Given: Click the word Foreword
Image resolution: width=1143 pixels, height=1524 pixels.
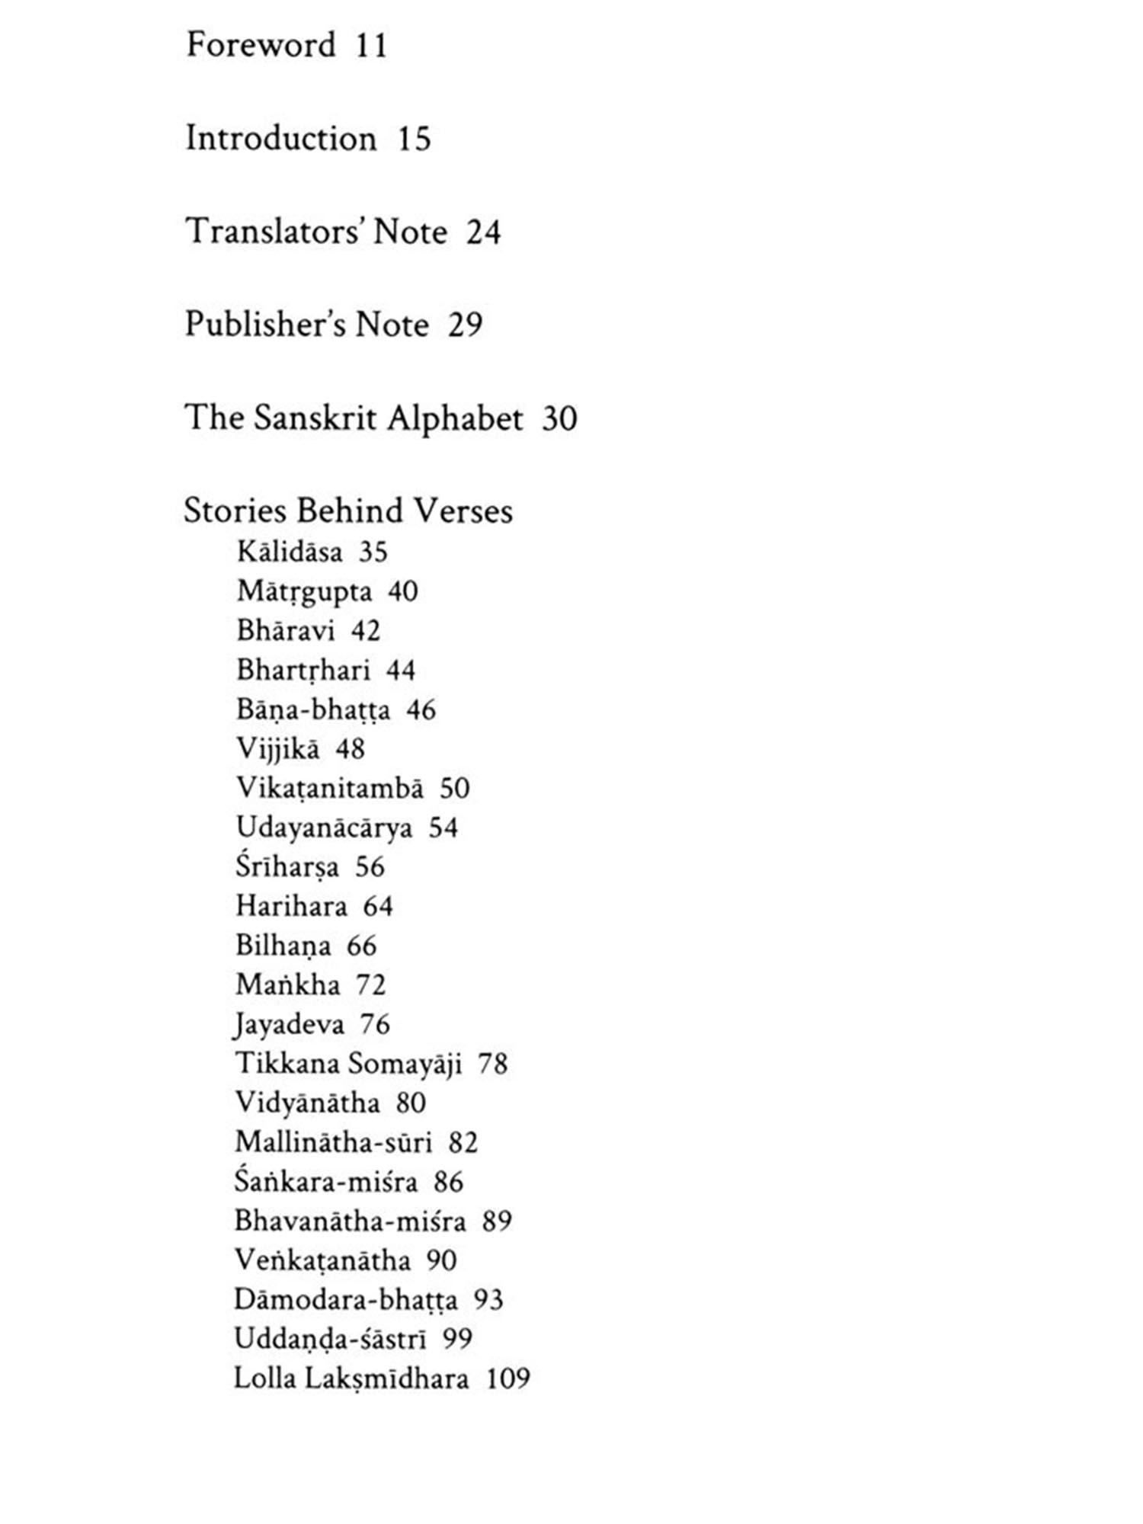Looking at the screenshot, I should click(261, 45).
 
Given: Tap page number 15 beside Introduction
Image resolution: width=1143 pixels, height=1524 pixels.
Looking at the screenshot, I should click(414, 139).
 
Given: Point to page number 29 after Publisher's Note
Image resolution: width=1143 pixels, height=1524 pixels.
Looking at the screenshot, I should click(465, 325).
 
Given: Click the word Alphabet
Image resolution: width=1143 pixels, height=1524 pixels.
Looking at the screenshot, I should click(455, 418).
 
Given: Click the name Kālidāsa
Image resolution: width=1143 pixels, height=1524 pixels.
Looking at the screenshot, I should click(290, 552).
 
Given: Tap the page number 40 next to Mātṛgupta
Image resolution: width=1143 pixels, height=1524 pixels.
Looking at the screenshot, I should click(402, 591).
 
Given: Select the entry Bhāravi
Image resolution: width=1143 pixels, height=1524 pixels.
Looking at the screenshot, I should click(285, 631).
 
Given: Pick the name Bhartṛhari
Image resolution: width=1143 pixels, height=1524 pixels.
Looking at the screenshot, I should click(303, 671).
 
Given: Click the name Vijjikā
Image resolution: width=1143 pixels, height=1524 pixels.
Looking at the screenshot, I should click(277, 749).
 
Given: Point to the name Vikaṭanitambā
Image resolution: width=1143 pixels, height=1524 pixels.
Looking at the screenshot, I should click(329, 789).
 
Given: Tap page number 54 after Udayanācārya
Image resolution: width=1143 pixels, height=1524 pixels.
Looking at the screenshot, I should click(443, 828).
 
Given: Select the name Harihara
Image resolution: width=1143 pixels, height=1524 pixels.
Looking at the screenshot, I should click(291, 907).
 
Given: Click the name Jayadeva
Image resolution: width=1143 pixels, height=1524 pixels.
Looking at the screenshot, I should click(290, 1025).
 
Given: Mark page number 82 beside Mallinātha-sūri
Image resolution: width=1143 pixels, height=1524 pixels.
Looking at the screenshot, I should click(463, 1143).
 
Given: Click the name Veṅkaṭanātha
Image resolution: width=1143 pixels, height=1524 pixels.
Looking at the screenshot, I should click(322, 1261).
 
